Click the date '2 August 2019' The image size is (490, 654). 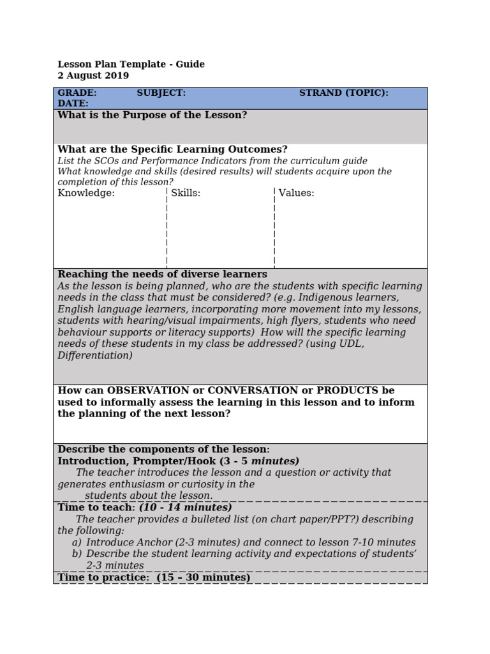[93, 75]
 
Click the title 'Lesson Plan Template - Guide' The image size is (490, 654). [131, 64]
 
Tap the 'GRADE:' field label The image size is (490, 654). [77, 93]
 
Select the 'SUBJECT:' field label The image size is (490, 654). [161, 93]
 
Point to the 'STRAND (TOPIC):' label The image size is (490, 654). [343, 93]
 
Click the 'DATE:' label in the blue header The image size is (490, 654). [73, 103]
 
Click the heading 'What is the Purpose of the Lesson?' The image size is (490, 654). [152, 115]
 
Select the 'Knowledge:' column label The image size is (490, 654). [86, 193]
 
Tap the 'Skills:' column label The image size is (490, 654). [186, 193]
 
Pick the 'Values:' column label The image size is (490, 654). [296, 193]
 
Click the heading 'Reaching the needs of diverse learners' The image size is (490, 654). [162, 274]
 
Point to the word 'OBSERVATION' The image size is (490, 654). [148, 390]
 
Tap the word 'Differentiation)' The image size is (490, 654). [95, 355]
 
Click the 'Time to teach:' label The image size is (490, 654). [96, 507]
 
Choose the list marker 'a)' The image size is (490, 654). [77, 542]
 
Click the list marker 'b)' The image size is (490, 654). [77, 554]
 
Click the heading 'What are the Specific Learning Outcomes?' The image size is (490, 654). [172, 149]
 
